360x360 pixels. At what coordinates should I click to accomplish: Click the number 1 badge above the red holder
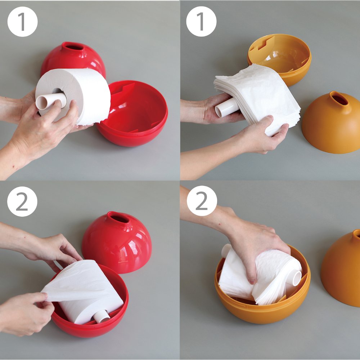coord(22,22)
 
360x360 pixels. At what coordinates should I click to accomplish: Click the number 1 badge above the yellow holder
coord(201,22)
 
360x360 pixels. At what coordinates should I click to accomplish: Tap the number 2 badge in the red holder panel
coord(22,201)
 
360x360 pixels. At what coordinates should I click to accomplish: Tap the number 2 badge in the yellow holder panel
coord(202,201)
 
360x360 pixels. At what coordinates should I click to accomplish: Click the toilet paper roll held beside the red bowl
coord(73,97)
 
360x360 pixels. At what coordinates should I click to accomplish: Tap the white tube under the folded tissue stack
coord(226,107)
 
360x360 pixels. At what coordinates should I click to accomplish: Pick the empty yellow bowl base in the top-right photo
coord(279,59)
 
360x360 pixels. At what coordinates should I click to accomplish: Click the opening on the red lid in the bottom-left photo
coord(120,218)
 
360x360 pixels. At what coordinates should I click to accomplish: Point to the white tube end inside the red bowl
coord(102,316)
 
